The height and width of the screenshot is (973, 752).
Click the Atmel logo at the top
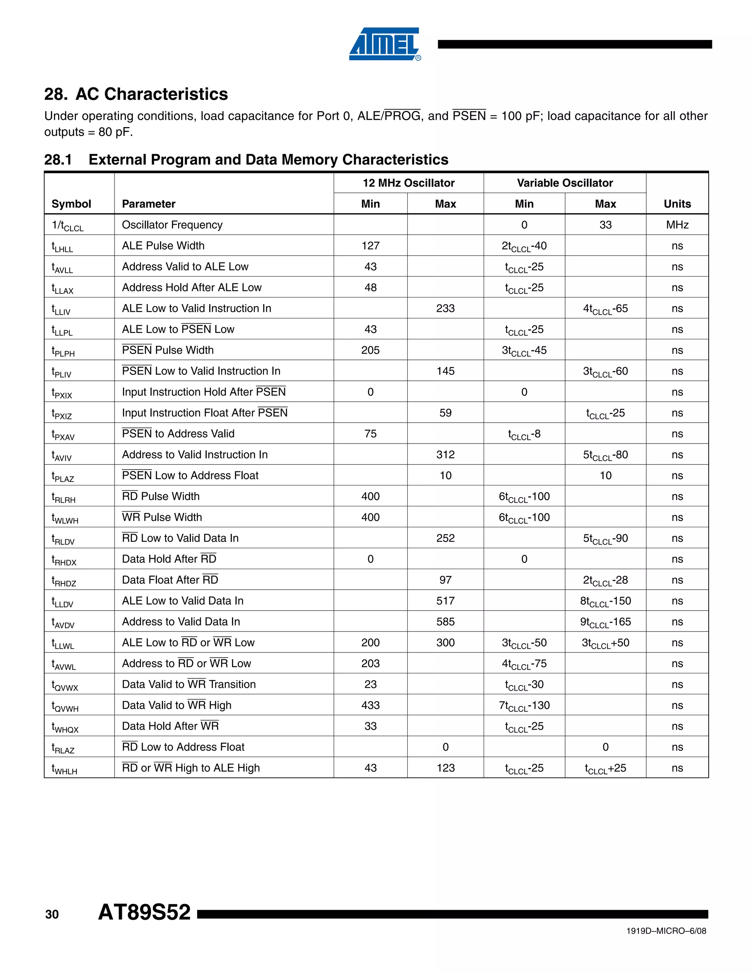pos(384,44)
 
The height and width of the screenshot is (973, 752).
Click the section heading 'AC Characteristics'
pos(152,94)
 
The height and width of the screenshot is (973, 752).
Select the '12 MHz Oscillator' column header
pos(409,183)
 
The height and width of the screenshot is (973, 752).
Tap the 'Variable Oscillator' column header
pos(564,183)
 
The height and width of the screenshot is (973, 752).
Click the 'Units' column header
pos(677,204)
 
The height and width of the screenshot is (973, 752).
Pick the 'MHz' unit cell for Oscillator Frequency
pos(677,225)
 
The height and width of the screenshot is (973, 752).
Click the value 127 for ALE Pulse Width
pos(370,246)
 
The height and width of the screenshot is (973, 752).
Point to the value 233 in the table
pos(445,308)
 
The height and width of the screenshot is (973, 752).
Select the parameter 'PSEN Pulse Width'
pos(168,350)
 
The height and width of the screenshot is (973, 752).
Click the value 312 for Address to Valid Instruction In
pos(445,455)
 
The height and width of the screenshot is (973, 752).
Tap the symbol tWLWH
pos(65,518)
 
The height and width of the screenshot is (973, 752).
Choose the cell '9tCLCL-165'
pos(605,622)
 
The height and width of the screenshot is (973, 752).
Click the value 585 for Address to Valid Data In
pos(445,622)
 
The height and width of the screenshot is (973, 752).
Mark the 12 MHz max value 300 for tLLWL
pos(445,643)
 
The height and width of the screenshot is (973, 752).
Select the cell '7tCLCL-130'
pos(524,706)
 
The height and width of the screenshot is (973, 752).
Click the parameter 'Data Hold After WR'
pos(170,726)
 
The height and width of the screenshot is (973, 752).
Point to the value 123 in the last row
pos(445,768)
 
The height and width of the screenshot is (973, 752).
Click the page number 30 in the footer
pos(52,915)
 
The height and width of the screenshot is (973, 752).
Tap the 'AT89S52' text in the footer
pos(144,912)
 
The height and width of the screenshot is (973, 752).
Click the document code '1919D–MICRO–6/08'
pos(666,931)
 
